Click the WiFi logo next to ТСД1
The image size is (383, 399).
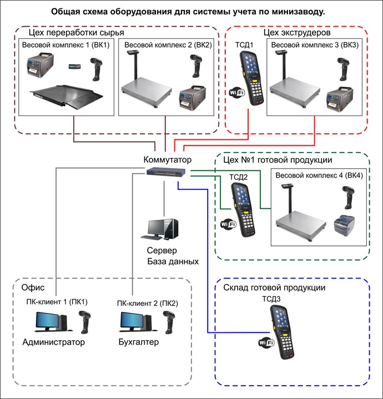(238, 93)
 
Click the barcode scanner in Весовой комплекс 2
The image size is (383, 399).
(198, 65)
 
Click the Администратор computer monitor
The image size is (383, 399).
(47, 321)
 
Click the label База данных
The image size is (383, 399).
(173, 261)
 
